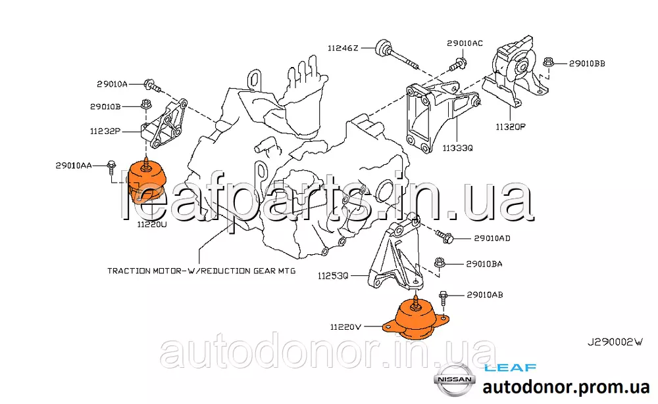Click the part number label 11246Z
pyautogui.click(x=343, y=48)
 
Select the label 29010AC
pyautogui.click(x=465, y=43)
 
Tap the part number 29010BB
pyautogui.click(x=587, y=64)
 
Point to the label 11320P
pyautogui.click(x=511, y=127)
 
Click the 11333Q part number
pyautogui.click(x=457, y=148)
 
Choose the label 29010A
pyautogui.click(x=112, y=84)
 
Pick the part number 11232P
pyautogui.click(x=105, y=131)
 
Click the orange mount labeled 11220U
pyautogui.click(x=147, y=181)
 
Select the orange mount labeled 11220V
pyautogui.click(x=416, y=319)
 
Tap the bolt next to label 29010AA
pyautogui.click(x=111, y=168)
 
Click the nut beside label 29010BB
pyautogui.click(x=547, y=63)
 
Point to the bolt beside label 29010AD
pyautogui.click(x=444, y=237)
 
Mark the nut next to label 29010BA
pyautogui.click(x=440, y=263)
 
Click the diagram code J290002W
pyautogui.click(x=615, y=342)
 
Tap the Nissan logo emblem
pyautogui.click(x=455, y=380)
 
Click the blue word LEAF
pyautogui.click(x=511, y=368)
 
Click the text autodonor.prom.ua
pyautogui.click(x=566, y=387)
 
